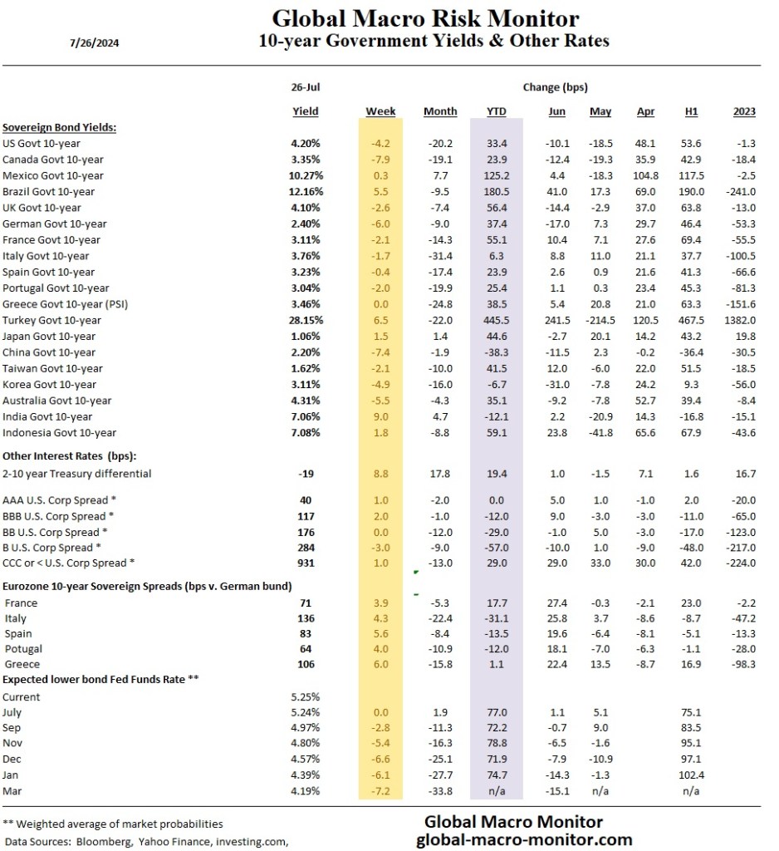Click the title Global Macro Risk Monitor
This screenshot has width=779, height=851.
pos(426,18)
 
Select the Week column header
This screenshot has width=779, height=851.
pos(380,111)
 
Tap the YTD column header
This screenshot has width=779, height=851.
pos(495,111)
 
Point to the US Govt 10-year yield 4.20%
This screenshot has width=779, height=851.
pos(306,143)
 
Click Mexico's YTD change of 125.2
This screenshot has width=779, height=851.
pos(495,175)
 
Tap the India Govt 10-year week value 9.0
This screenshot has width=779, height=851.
pos(380,416)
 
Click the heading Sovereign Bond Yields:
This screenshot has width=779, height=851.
pos(58,127)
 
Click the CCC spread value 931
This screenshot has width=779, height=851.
pos(306,563)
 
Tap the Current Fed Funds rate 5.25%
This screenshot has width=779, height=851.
pos(306,696)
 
